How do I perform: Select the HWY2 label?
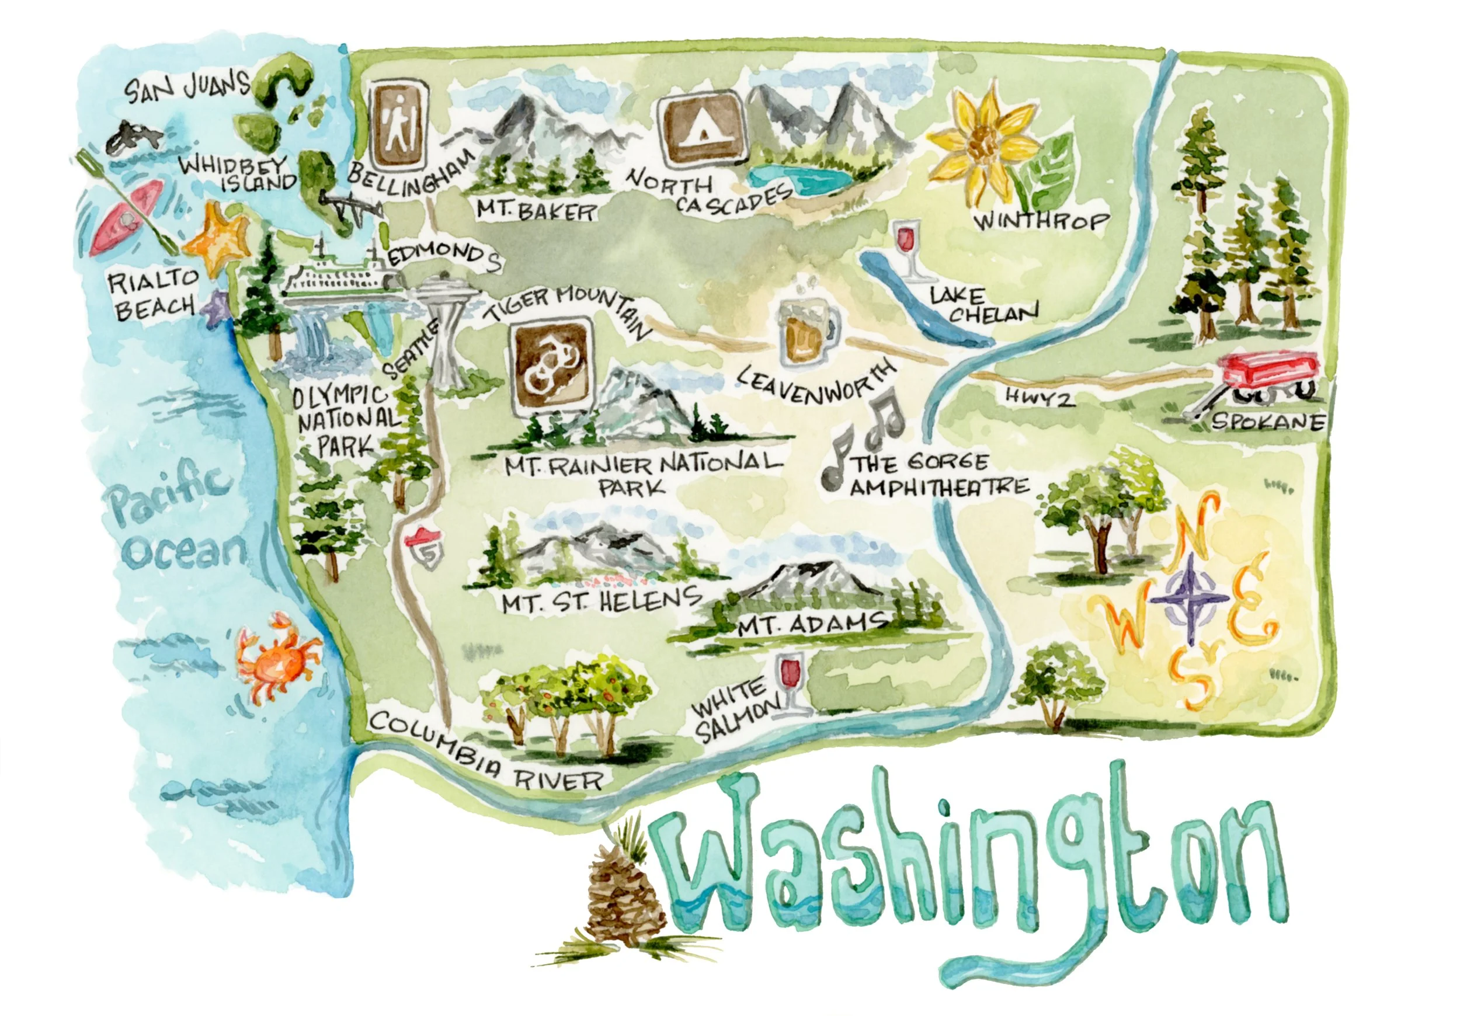[1040, 398]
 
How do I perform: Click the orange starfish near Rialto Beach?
[220, 242]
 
